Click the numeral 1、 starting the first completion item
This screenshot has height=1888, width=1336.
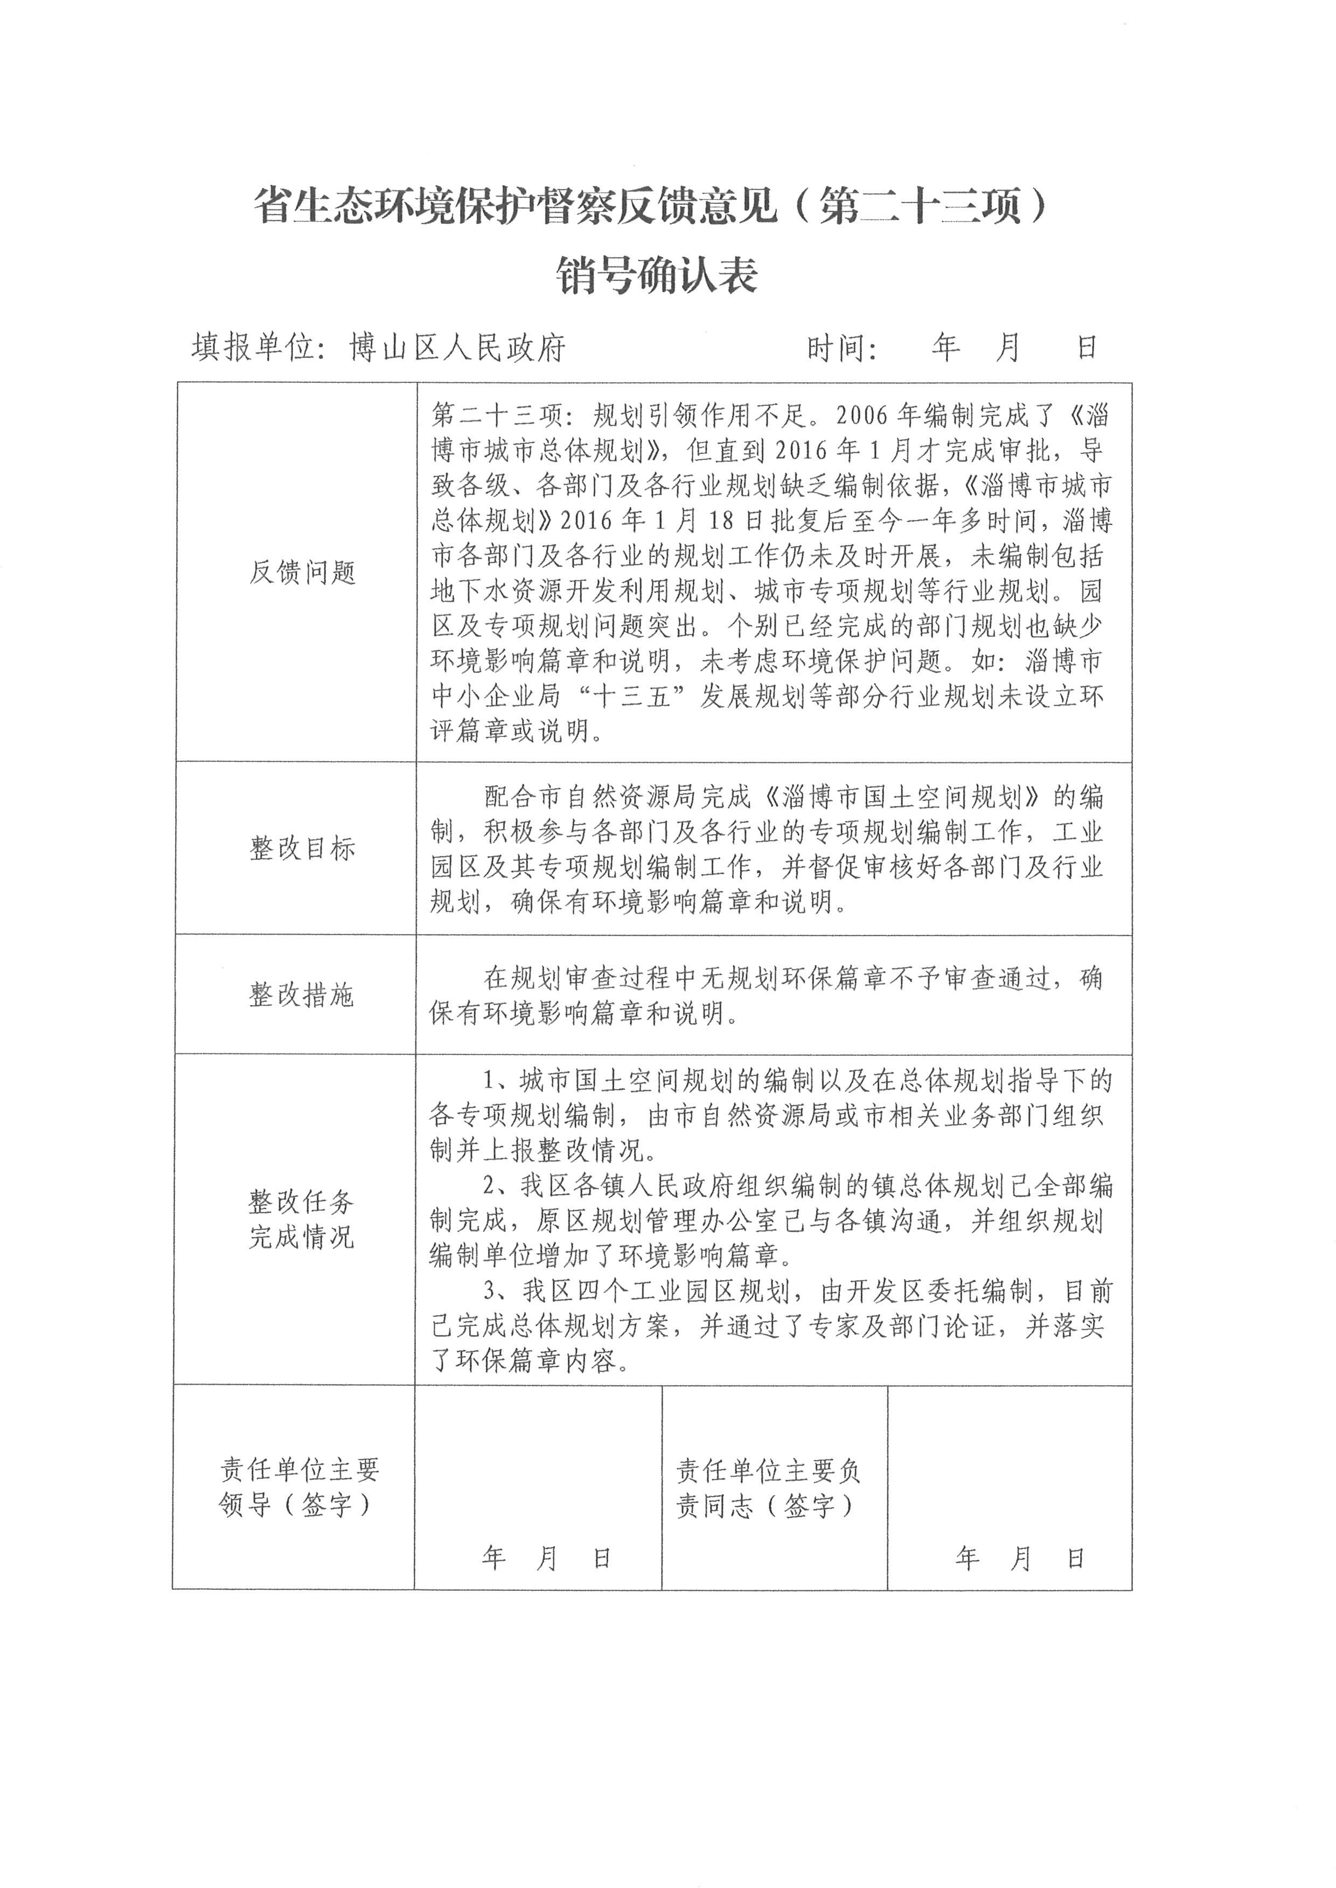click(x=497, y=1082)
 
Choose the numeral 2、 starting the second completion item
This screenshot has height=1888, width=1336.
click(x=497, y=1186)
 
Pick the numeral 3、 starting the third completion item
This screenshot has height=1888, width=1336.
click(x=497, y=1292)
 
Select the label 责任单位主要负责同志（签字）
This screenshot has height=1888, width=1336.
click(x=768, y=1487)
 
